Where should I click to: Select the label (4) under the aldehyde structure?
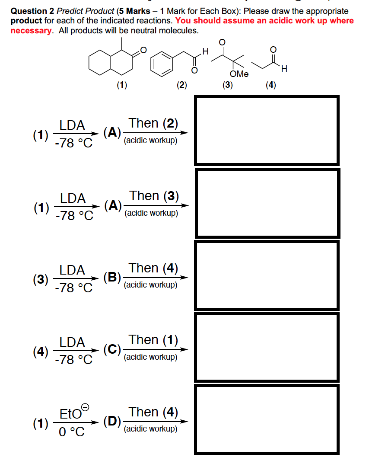tap(271, 85)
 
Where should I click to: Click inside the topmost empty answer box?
tap(267, 131)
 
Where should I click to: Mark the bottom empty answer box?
tap(267, 419)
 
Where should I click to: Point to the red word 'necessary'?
tap(31, 30)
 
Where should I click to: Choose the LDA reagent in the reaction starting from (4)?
tap(72, 342)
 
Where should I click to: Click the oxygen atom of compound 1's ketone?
tap(143, 51)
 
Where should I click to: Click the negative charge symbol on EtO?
tap(86, 407)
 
